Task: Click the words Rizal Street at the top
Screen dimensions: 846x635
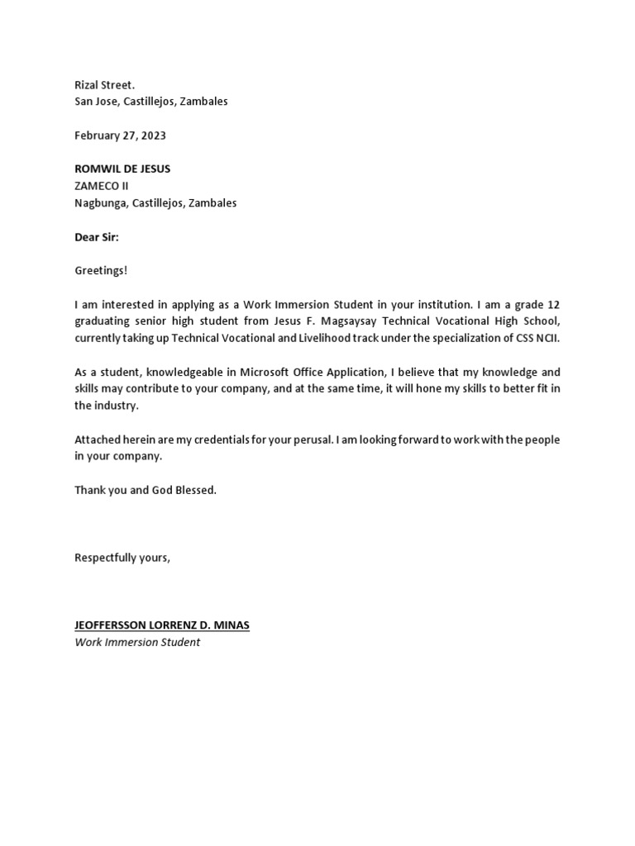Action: [x=104, y=84]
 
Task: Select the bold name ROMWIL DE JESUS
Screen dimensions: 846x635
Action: [x=122, y=169]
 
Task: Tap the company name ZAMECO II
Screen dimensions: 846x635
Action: [x=101, y=186]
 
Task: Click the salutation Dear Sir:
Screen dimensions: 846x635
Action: [x=97, y=237]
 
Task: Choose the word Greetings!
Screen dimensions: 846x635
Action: [x=101, y=271]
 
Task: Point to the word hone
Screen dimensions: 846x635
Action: [x=420, y=389]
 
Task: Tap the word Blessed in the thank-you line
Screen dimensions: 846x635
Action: [x=195, y=491]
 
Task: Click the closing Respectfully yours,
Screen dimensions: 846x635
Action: [x=122, y=558]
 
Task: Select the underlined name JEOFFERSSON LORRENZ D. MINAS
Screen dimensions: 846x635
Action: [x=161, y=625]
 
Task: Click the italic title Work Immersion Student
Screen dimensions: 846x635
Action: [x=137, y=642]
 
